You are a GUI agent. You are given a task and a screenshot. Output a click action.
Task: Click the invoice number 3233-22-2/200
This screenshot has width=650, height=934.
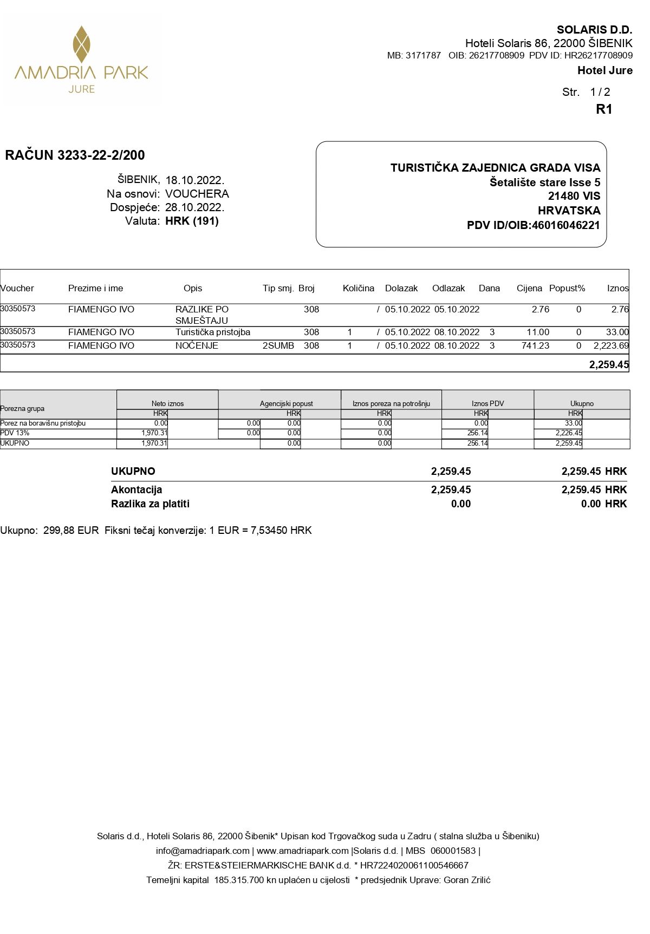[101, 155]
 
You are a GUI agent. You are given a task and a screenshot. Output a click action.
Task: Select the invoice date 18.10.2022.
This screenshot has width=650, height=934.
[194, 180]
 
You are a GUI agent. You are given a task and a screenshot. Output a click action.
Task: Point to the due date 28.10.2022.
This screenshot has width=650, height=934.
[194, 207]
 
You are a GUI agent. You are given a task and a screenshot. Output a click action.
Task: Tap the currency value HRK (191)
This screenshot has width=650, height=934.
[192, 221]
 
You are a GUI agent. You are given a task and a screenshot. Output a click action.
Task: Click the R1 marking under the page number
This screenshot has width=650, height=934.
[603, 109]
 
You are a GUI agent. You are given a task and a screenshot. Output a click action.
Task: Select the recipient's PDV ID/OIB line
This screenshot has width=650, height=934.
[533, 225]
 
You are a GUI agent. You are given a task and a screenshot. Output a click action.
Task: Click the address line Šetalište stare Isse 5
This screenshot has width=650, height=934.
[544, 182]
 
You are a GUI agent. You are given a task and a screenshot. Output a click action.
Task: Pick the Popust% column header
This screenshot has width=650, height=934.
[567, 288]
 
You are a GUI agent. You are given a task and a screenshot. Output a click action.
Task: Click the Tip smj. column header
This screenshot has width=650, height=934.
[278, 288]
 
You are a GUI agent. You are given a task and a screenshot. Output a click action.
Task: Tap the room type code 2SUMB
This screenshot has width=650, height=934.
[278, 345]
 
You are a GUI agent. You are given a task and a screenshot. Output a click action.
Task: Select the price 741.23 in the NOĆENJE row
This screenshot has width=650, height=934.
[535, 345]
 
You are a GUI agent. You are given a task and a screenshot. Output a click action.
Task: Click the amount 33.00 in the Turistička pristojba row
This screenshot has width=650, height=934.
[617, 332]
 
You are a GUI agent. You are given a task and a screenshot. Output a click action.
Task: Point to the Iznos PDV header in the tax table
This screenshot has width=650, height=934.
[487, 403]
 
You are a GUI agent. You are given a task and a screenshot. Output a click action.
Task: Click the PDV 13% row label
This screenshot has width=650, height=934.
[15, 433]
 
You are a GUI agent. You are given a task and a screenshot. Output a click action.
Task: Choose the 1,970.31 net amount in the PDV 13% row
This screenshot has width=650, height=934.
[154, 433]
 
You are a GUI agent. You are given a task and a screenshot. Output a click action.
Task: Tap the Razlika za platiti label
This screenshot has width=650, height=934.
[150, 504]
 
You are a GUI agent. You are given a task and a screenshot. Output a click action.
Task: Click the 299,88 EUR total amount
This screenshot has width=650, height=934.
[71, 531]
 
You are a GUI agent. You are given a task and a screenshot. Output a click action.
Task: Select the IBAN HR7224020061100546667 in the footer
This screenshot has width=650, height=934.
[414, 865]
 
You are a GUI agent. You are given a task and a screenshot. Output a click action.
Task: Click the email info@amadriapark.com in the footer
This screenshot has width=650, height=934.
[203, 851]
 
